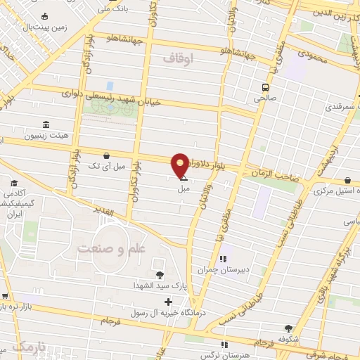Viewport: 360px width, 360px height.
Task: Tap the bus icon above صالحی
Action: (264, 88)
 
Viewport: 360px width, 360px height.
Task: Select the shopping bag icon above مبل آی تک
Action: (105, 155)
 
